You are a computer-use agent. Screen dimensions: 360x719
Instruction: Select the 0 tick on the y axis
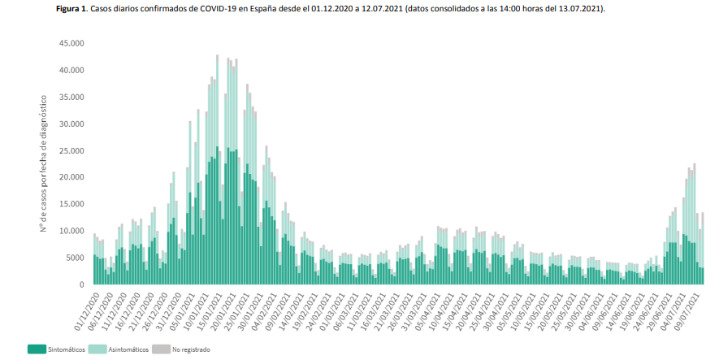coord(82,284)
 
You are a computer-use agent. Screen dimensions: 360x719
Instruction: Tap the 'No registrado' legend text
coord(192,349)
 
